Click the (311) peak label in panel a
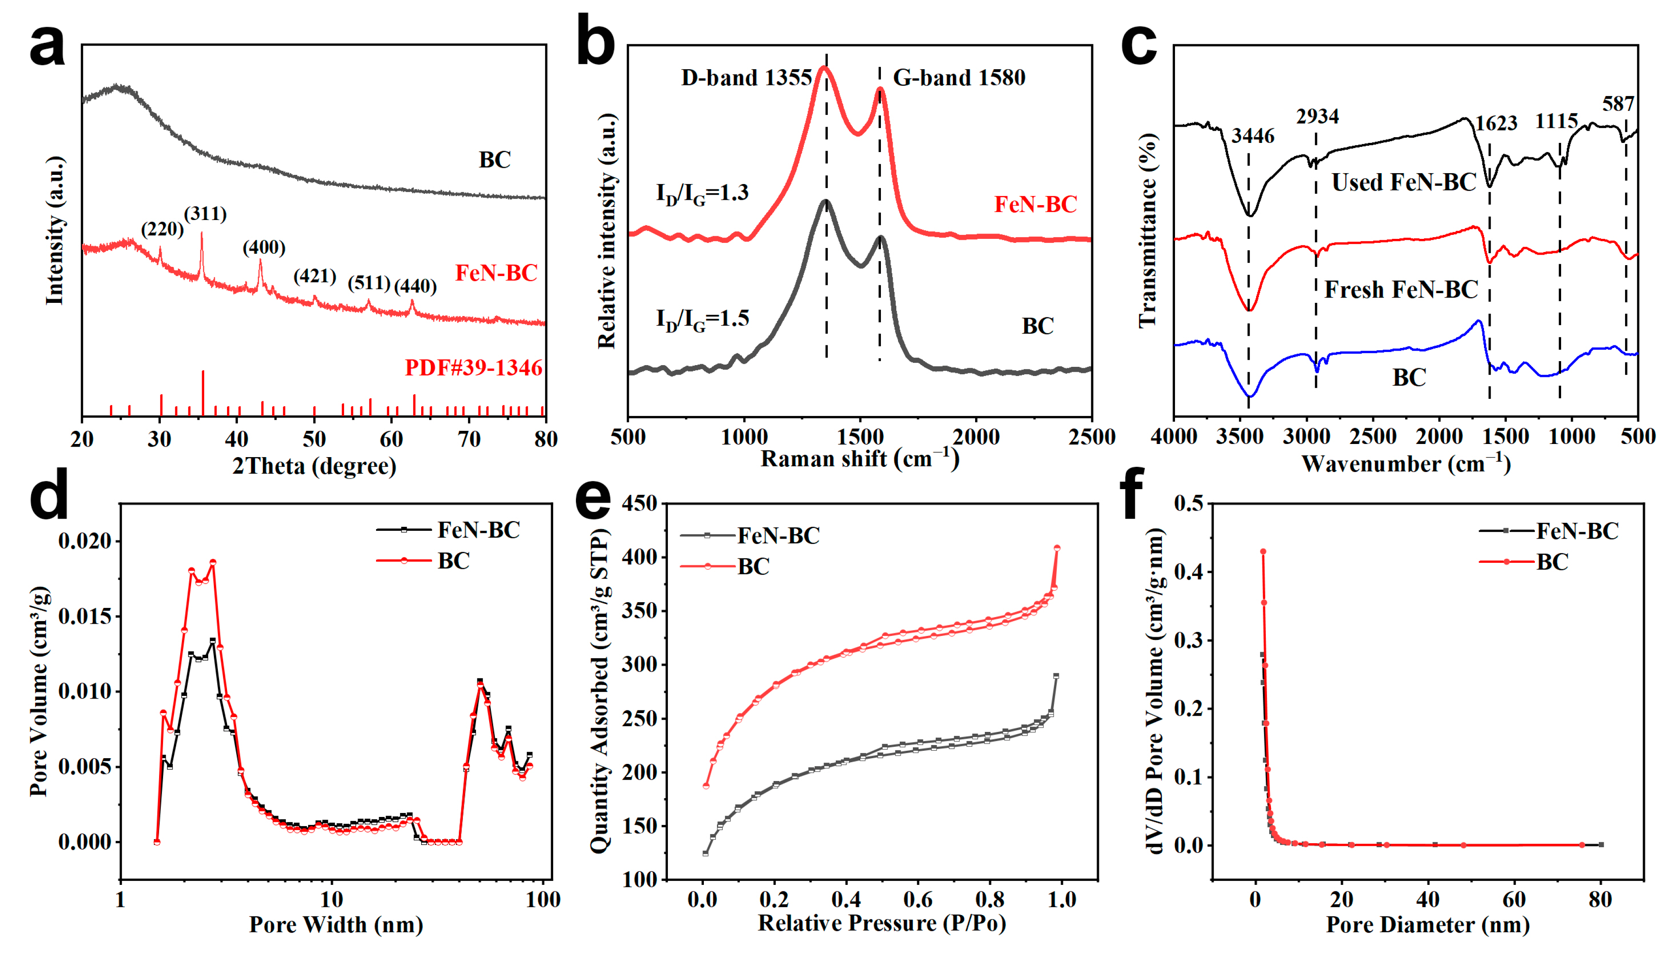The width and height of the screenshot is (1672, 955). coord(205,214)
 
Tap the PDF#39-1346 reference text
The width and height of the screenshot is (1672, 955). coord(473,368)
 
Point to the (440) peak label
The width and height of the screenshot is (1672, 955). coord(415,286)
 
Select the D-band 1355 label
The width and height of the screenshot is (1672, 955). coord(746,78)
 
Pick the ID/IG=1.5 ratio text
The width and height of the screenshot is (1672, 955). coord(702,320)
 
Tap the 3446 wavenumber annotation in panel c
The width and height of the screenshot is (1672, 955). coord(1253,136)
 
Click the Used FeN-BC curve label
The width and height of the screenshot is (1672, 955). coord(1403,182)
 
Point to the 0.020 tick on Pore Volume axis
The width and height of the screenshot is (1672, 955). coord(85,542)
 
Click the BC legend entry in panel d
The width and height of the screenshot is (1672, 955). coord(453,561)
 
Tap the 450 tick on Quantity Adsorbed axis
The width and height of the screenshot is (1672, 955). coord(639,504)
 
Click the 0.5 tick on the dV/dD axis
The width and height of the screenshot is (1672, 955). coord(1189,504)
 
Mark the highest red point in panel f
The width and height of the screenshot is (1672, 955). coord(1262,552)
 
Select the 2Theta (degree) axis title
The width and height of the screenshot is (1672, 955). coord(314,466)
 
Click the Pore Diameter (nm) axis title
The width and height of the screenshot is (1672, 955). coord(1427,925)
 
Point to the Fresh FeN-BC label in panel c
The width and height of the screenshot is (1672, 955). coord(1401,290)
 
